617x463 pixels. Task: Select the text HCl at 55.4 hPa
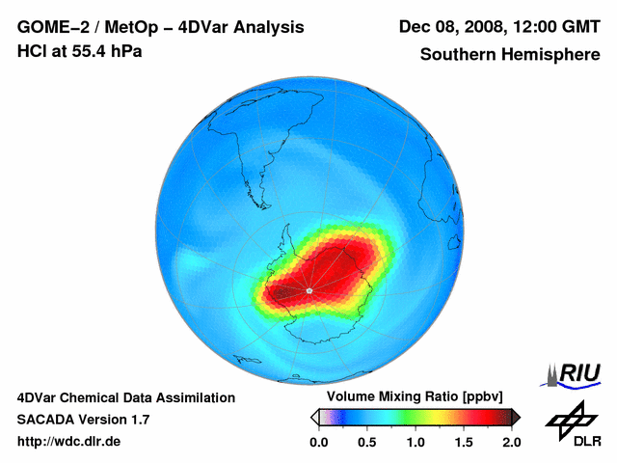[x=79, y=50]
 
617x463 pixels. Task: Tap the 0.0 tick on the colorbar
[x=319, y=442]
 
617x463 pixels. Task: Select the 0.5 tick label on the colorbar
[x=367, y=442]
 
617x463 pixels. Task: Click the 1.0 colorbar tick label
[x=416, y=442]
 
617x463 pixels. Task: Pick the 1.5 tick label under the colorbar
[x=464, y=442]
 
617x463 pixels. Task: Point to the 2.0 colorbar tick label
[x=511, y=442]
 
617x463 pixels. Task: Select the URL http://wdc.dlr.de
[x=69, y=442]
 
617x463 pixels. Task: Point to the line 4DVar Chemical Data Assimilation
[x=125, y=397]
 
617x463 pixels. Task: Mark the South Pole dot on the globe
[x=308, y=289]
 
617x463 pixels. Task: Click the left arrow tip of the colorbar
[x=314, y=417]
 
